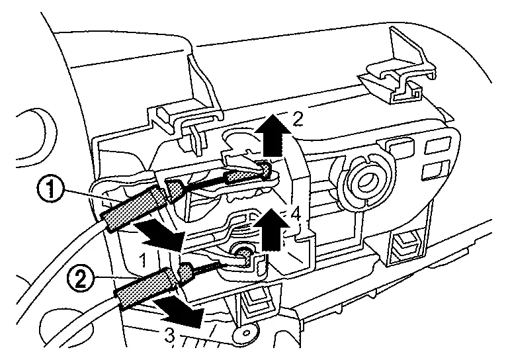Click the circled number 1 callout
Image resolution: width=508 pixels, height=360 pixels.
(50, 189)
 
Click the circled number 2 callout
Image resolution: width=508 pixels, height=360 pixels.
(79, 279)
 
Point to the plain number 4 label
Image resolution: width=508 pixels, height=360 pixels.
(296, 214)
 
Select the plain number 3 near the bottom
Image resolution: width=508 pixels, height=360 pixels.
(169, 336)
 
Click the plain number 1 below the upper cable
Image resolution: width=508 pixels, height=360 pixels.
(144, 260)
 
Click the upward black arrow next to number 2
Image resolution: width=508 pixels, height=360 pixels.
(273, 134)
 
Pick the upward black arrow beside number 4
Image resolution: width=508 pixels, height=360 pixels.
(271, 229)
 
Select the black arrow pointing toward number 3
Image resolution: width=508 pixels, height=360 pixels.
(179, 313)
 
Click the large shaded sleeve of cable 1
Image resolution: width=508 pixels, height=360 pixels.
(134, 208)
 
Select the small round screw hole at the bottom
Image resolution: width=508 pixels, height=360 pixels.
(246, 333)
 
